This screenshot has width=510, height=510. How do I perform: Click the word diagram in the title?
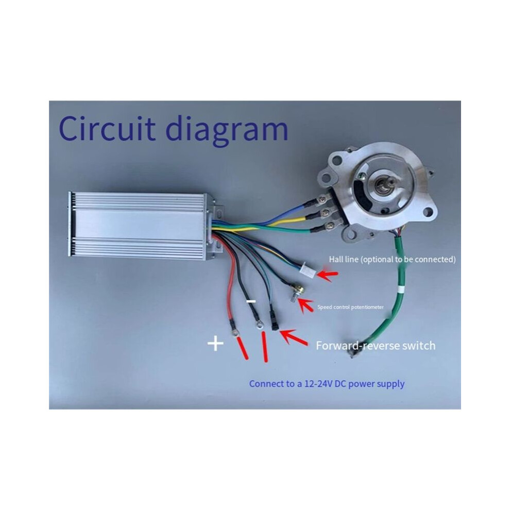tap(227, 130)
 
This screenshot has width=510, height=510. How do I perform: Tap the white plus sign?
tap(215, 344)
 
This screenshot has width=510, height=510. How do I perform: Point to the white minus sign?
tap(251, 301)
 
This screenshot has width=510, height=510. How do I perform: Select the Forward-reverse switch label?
tap(376, 346)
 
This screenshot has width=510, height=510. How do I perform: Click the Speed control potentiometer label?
tap(351, 307)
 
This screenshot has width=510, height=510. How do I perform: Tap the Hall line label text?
tap(392, 260)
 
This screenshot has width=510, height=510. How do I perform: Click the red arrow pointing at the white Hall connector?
tap(328, 275)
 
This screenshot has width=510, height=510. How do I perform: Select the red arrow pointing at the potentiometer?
tap(305, 305)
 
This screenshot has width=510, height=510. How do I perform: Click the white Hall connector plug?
tap(308, 269)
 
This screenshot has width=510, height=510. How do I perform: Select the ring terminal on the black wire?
tap(259, 324)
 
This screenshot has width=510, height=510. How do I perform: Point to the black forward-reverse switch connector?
tap(274, 321)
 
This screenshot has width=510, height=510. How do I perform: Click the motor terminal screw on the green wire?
tap(330, 225)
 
